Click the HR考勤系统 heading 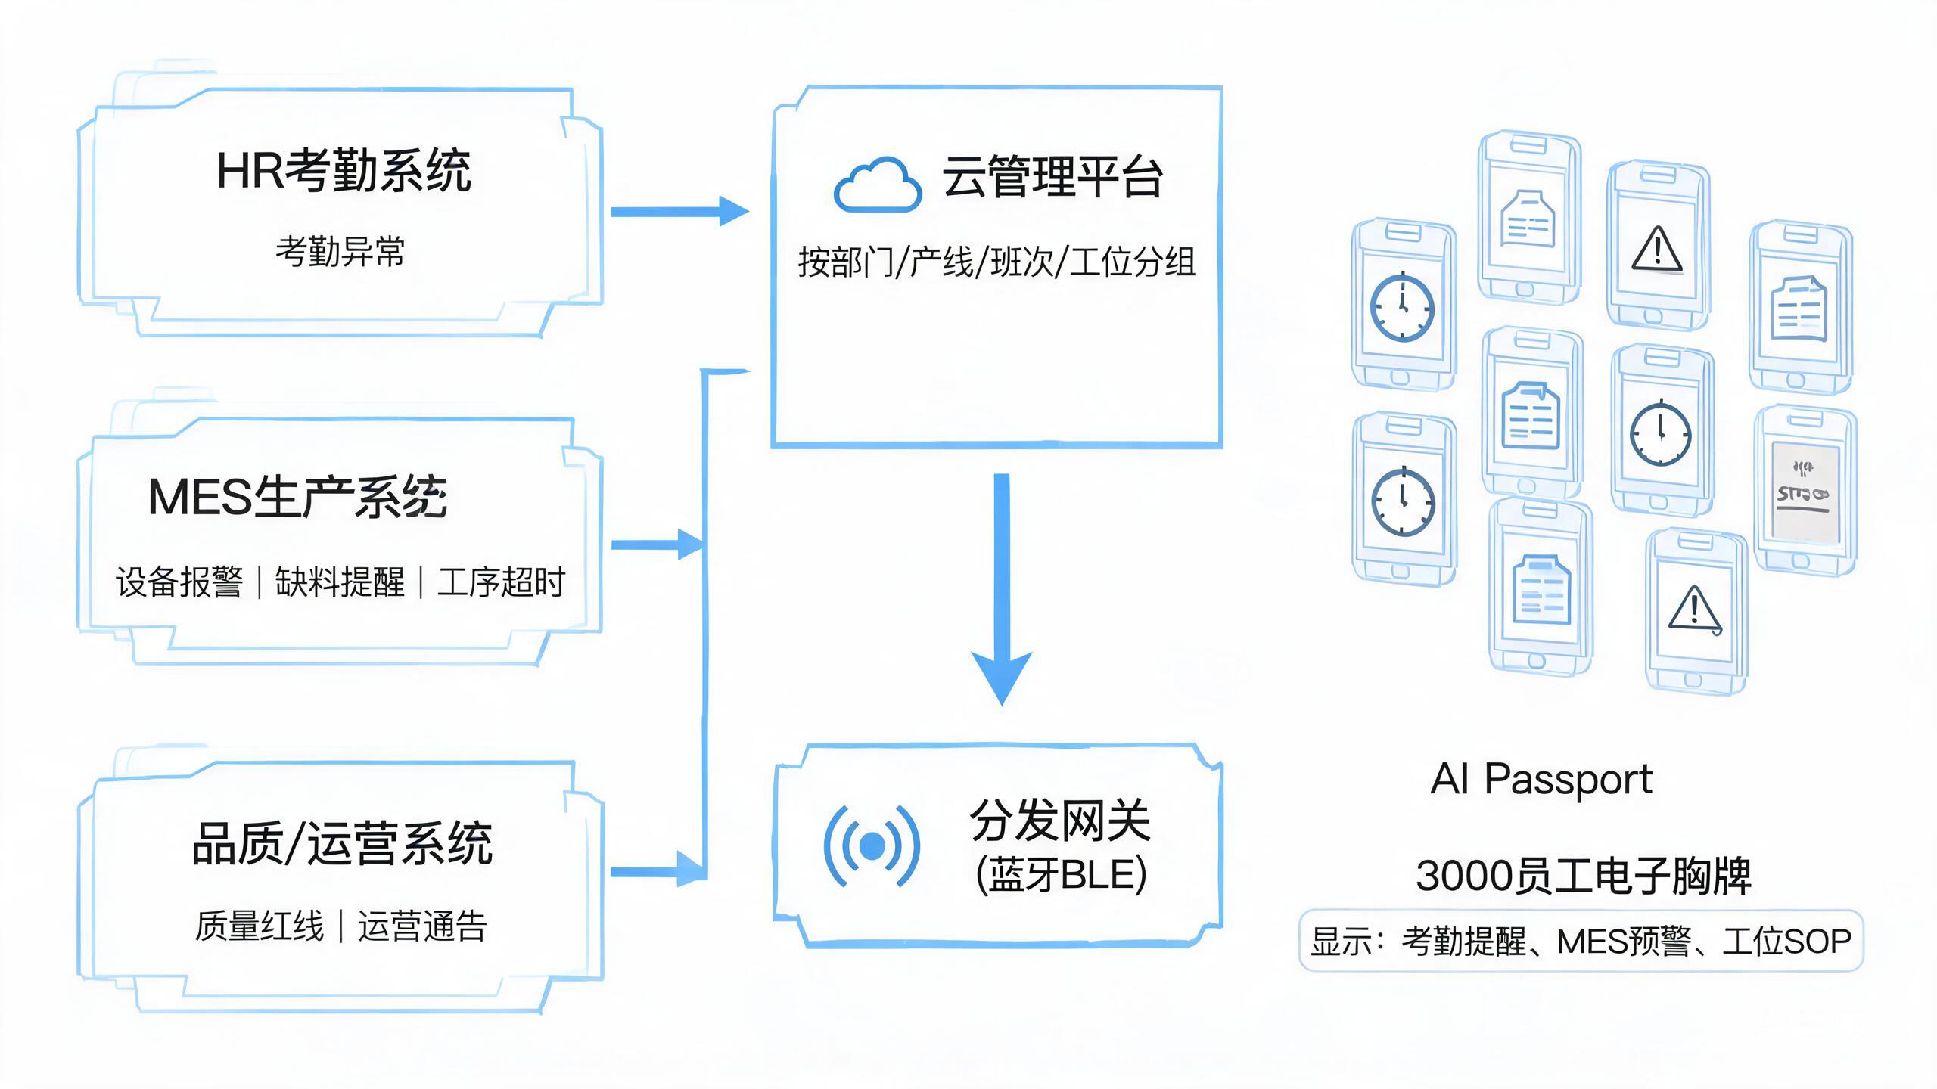pyautogui.click(x=344, y=170)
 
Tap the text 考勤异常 pyautogui.click(x=340, y=251)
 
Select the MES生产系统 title pyautogui.click(x=297, y=497)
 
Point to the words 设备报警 pyautogui.click(x=179, y=582)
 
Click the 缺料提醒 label pyautogui.click(x=340, y=582)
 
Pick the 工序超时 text pyautogui.click(x=501, y=582)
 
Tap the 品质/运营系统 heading pyautogui.click(x=343, y=842)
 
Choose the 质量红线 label pyautogui.click(x=260, y=926)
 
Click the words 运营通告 pyautogui.click(x=422, y=926)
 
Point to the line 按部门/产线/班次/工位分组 pyautogui.click(x=997, y=262)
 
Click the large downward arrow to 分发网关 pyautogui.click(x=1002, y=590)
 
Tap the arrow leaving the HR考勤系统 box pyautogui.click(x=680, y=212)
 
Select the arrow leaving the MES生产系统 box pyautogui.click(x=658, y=544)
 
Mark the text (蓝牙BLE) pyautogui.click(x=1061, y=875)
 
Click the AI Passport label pyautogui.click(x=1541, y=780)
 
